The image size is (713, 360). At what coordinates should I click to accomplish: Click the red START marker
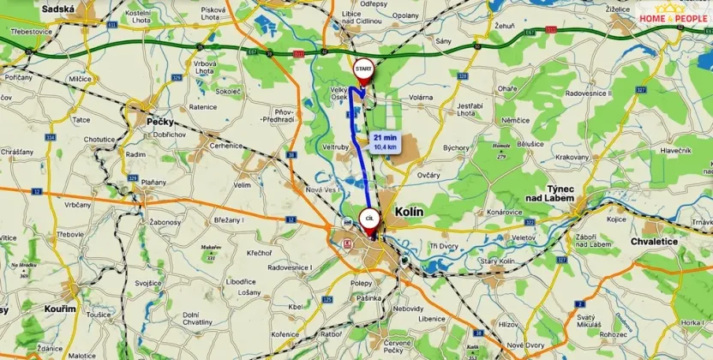point(363,69)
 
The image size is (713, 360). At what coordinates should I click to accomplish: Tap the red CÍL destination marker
point(369,219)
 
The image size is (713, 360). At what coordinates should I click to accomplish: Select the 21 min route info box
point(385,141)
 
